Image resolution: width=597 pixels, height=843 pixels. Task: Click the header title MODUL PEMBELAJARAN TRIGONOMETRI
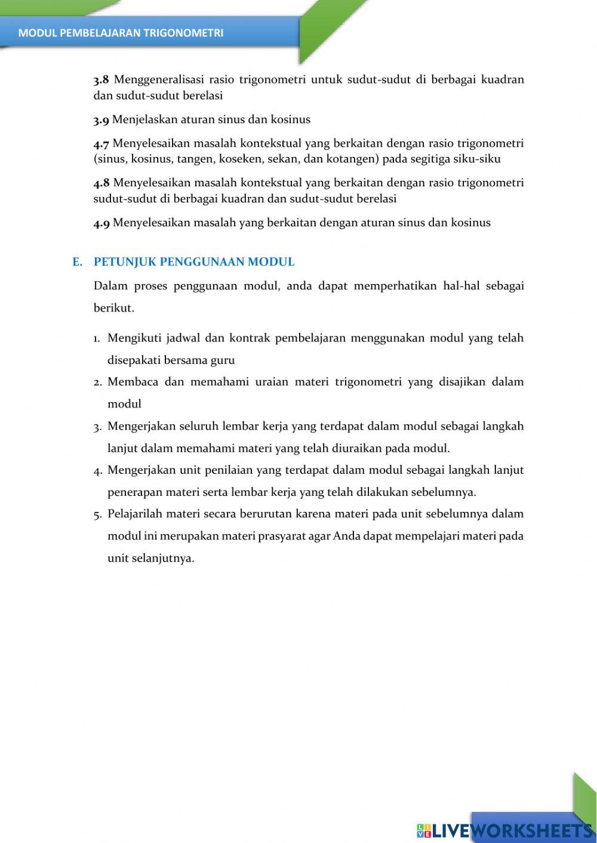click(121, 33)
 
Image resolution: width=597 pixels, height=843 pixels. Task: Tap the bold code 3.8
click(101, 80)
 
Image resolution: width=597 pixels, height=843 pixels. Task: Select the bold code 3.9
click(101, 120)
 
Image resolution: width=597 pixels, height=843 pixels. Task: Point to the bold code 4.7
click(101, 144)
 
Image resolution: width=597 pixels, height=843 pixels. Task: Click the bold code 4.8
click(101, 183)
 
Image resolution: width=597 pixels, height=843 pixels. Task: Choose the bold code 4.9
click(101, 223)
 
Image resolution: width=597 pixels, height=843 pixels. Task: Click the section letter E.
click(77, 262)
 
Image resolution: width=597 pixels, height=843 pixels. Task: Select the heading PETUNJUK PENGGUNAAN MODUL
click(194, 262)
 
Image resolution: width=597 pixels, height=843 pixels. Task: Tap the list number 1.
click(97, 339)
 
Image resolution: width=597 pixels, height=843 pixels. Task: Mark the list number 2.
click(97, 382)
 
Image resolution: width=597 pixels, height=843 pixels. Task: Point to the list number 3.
click(97, 427)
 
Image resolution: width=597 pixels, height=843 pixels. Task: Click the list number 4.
click(97, 471)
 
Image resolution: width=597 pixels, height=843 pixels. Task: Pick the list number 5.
click(97, 514)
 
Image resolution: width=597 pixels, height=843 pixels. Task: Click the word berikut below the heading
click(113, 308)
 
